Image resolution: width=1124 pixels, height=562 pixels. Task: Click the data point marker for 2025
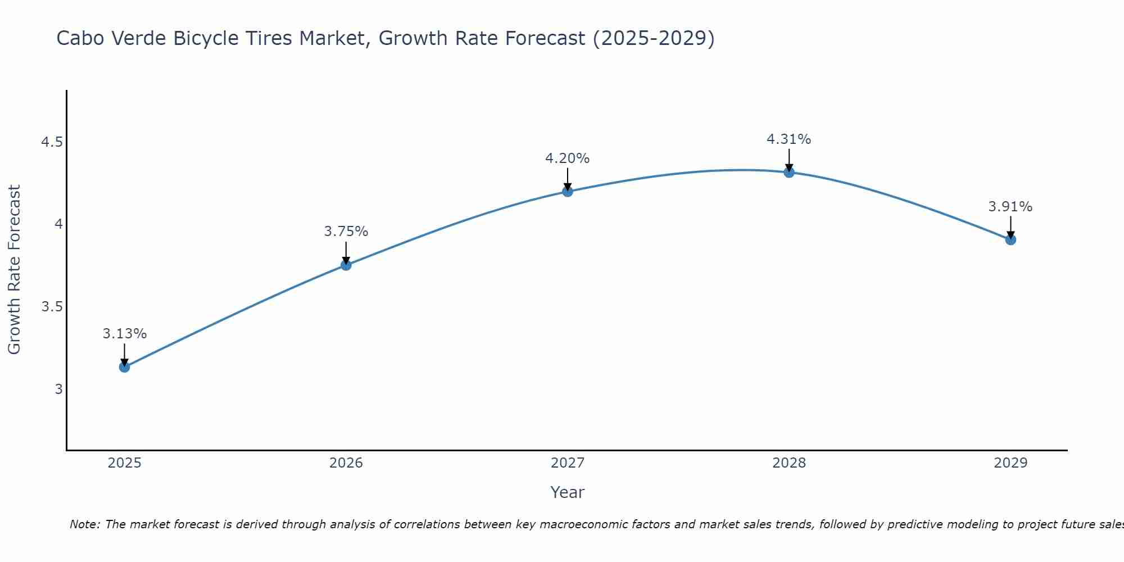coord(124,367)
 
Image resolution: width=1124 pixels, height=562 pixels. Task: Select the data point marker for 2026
coord(346,265)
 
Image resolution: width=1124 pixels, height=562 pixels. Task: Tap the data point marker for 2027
coord(568,191)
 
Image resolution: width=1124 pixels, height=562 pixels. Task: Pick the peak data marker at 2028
coord(789,172)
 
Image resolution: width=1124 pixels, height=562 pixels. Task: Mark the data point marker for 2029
coord(1010,239)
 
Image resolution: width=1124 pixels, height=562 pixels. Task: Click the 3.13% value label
coord(124,334)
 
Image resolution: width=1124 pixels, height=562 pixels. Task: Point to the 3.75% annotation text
coord(346,232)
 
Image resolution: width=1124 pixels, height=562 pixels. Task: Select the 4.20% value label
coord(568,158)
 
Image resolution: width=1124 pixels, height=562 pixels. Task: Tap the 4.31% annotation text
coord(789,139)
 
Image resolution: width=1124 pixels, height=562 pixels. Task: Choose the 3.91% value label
coord(1010,207)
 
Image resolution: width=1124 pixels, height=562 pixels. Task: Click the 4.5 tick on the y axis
coord(52,142)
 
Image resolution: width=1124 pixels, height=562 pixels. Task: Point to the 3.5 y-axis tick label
coord(52,307)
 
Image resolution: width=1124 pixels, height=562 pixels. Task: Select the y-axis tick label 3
coord(58,389)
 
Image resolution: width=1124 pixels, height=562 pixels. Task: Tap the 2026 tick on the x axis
coord(346,463)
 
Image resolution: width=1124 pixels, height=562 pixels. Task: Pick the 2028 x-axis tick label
coord(789,463)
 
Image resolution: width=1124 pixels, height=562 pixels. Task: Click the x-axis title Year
coord(568,492)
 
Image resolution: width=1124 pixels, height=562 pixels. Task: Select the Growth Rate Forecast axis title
coord(15,269)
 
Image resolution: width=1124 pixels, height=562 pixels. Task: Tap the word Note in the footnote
coord(84,524)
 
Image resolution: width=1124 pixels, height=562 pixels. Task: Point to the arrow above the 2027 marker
coord(568,179)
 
